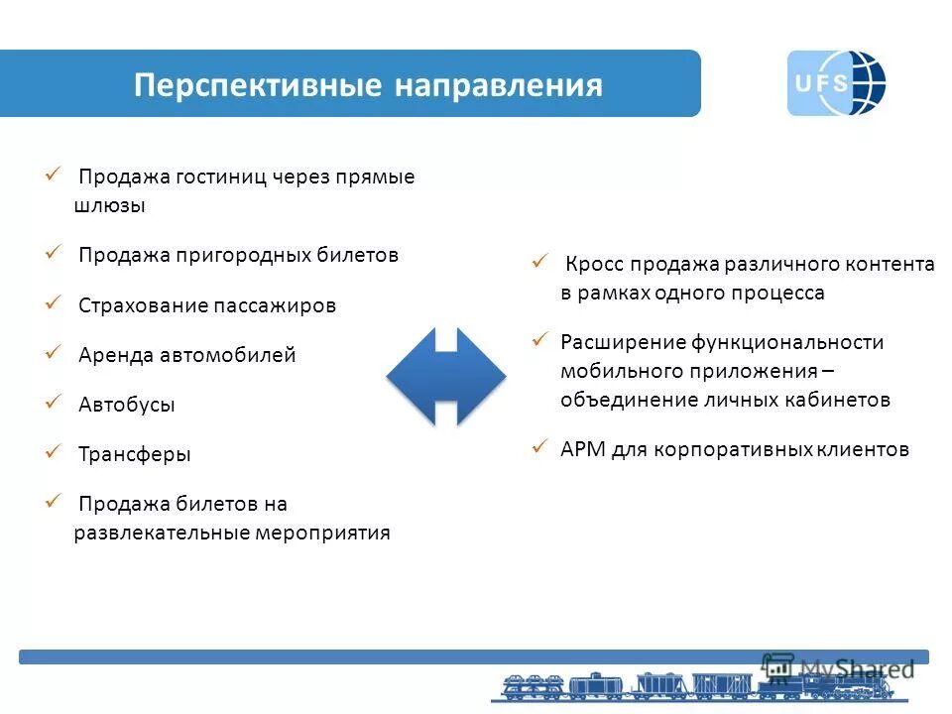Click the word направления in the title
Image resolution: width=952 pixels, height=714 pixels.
tap(499, 85)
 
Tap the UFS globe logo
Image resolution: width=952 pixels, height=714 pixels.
tap(835, 83)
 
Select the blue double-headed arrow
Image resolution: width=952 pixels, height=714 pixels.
tap(446, 376)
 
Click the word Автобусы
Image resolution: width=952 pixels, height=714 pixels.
tap(127, 405)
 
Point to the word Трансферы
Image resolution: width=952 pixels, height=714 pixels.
tap(135, 454)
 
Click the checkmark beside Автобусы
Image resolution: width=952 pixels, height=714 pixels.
tap(54, 402)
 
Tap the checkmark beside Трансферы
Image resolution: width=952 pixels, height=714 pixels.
tap(54, 451)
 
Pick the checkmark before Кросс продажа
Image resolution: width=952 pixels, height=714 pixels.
tap(540, 262)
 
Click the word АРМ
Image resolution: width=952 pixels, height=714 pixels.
tap(582, 449)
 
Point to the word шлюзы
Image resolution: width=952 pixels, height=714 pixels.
tap(110, 206)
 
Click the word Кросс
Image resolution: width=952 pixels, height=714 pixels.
tap(593, 265)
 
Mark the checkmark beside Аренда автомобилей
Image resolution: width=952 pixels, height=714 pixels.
tap(54, 352)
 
